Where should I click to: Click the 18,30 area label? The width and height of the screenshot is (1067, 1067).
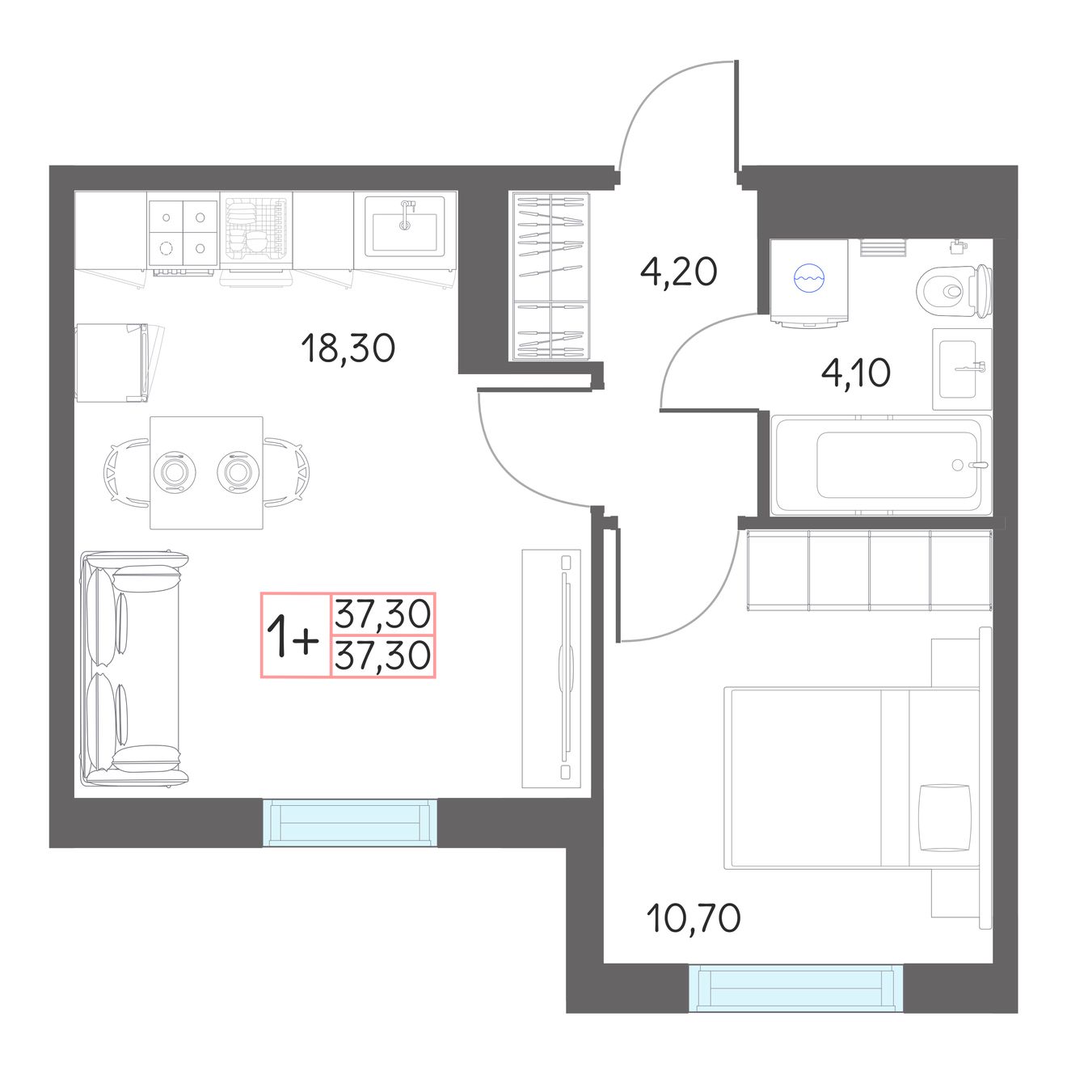point(348,348)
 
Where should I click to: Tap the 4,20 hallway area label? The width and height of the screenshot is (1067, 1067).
point(678,272)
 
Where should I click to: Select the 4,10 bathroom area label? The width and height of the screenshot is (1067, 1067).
point(855,373)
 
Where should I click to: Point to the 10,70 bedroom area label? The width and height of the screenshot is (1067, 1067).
point(694,918)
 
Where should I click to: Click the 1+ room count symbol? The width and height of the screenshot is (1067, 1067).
point(293,639)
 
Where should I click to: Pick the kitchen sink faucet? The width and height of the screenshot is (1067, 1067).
point(406,214)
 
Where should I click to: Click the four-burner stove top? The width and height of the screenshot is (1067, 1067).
point(183,233)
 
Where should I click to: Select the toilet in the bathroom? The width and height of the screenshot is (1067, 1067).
point(954,291)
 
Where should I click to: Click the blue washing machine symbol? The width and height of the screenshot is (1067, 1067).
point(809,278)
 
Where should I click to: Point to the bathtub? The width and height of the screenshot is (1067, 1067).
point(881,465)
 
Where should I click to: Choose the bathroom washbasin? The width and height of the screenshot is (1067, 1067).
point(962,369)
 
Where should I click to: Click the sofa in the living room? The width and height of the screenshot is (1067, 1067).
point(133,668)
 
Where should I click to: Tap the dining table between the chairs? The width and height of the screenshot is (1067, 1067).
point(207,472)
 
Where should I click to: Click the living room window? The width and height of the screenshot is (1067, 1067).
point(350,823)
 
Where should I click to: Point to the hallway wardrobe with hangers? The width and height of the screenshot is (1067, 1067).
point(550,276)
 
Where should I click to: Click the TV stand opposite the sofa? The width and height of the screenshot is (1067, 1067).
point(551,668)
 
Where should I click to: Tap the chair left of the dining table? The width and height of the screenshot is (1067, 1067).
point(126,472)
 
